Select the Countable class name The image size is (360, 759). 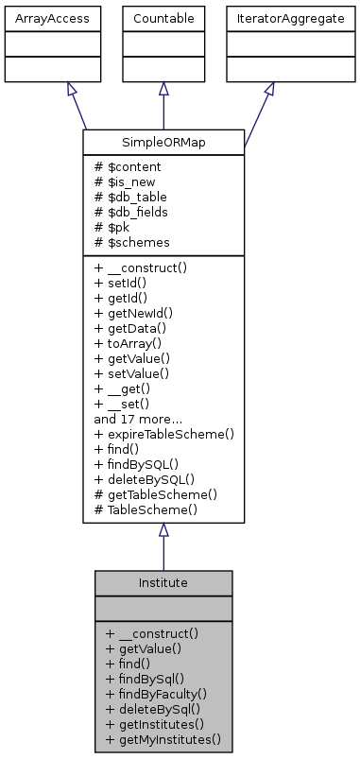[x=163, y=18]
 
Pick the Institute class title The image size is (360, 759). [x=163, y=583]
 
